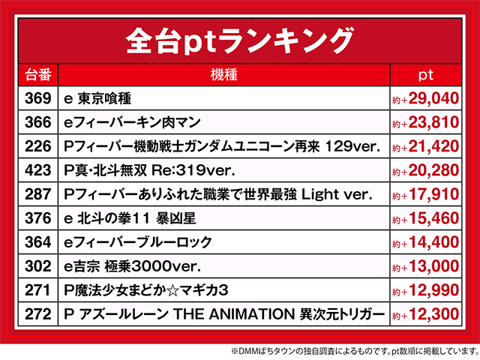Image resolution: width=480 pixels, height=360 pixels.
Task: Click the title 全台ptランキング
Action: tap(240, 40)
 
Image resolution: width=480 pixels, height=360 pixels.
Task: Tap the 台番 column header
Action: tap(38, 75)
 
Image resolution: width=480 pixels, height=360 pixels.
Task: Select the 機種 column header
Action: tap(223, 75)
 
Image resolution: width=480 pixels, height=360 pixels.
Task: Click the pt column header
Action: tap(426, 75)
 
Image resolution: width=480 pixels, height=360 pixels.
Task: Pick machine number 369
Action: tap(38, 98)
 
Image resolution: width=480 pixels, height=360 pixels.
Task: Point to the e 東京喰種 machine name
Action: tap(97, 98)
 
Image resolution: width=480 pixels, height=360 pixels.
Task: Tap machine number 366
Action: tap(38, 122)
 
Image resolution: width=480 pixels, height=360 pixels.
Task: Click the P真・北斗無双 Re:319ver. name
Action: tap(149, 170)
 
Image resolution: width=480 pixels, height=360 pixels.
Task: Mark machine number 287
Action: tap(38, 194)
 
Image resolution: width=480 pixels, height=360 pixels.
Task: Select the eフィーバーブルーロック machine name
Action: tap(138, 242)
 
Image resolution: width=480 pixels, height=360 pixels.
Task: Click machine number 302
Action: tap(38, 266)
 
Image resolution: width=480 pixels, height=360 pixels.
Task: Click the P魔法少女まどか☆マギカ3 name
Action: tap(146, 290)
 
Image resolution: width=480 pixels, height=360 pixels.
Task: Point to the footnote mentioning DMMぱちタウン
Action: tap(355, 351)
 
